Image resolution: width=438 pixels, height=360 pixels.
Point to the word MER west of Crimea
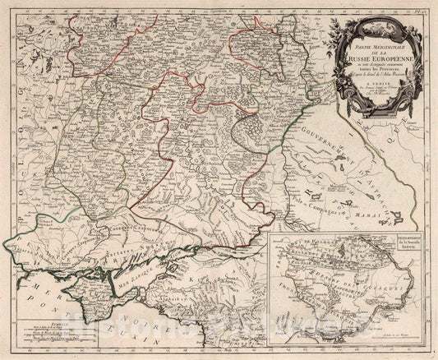pyautogui.click(x=24, y=284)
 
